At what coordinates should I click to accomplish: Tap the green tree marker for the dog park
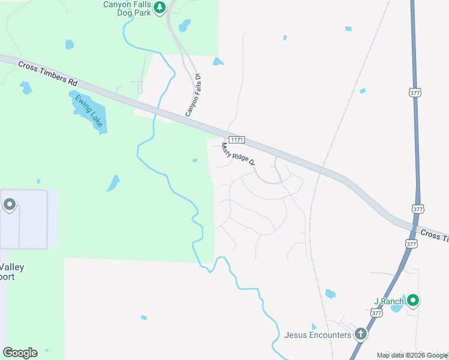pyautogui.click(x=159, y=7)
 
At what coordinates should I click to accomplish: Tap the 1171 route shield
pyautogui.click(x=237, y=139)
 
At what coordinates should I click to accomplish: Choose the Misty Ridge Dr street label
pyautogui.click(x=238, y=154)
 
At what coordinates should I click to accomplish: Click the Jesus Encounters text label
pyautogui.click(x=318, y=335)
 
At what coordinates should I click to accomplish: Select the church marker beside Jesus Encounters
pyautogui.click(x=360, y=334)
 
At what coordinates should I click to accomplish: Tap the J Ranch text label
pyautogui.click(x=385, y=301)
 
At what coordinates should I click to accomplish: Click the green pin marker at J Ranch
pyautogui.click(x=412, y=300)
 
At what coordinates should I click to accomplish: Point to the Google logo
pyautogui.click(x=20, y=353)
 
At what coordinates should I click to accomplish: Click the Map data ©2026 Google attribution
pyautogui.click(x=411, y=355)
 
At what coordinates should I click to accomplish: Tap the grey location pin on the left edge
pyautogui.click(x=10, y=205)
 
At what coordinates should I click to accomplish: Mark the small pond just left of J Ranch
pyautogui.click(x=397, y=307)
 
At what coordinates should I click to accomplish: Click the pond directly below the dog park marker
pyautogui.click(x=184, y=26)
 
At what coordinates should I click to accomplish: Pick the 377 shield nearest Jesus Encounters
pyautogui.click(x=376, y=313)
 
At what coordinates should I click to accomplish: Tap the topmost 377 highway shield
pyautogui.click(x=415, y=93)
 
